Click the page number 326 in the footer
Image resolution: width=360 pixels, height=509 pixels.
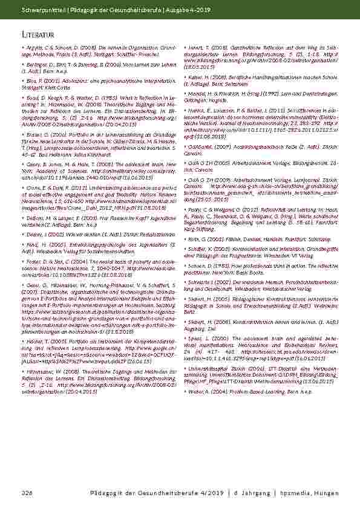[x=26, y=494]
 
